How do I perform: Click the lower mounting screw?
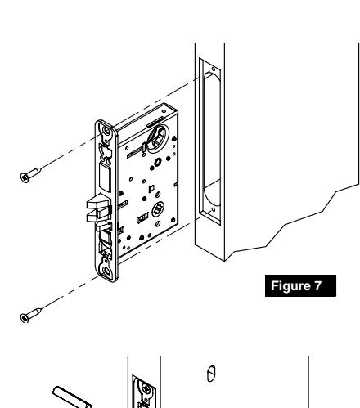[x=29, y=315]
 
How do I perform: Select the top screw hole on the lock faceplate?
[x=105, y=130]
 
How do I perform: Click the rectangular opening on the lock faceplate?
[x=104, y=176]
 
